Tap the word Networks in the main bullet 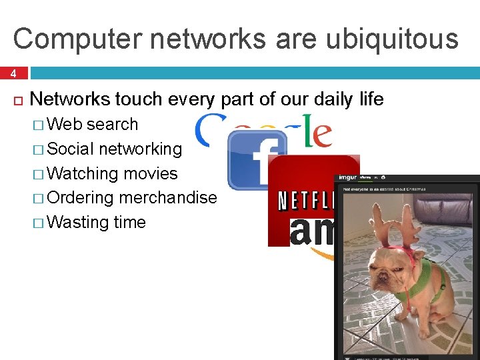(70, 99)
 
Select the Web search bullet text (93, 124)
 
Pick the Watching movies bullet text (113, 173)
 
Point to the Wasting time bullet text (97, 221)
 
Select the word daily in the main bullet (314, 99)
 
